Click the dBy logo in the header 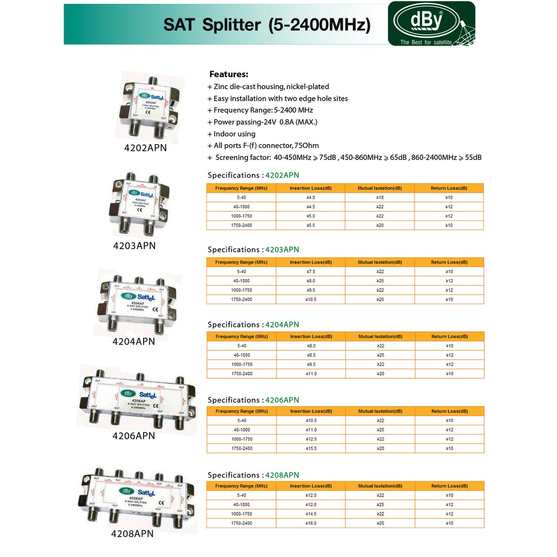(x=430, y=23)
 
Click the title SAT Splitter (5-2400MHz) (x=267, y=25)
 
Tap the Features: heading (x=228, y=75)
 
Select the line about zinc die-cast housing (x=268, y=86)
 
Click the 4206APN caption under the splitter (x=134, y=436)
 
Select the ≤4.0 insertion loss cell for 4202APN (x=310, y=197)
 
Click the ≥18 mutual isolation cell (x=380, y=197)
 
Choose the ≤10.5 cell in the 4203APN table (x=310, y=299)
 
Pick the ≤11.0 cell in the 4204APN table (x=310, y=374)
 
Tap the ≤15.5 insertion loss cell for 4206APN (x=310, y=448)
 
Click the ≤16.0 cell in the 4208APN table (x=310, y=523)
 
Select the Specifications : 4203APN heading (x=253, y=250)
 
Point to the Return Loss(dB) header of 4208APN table (x=449, y=486)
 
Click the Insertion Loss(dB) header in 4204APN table (x=310, y=337)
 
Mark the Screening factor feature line (x=344, y=158)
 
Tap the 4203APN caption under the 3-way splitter (x=134, y=245)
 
